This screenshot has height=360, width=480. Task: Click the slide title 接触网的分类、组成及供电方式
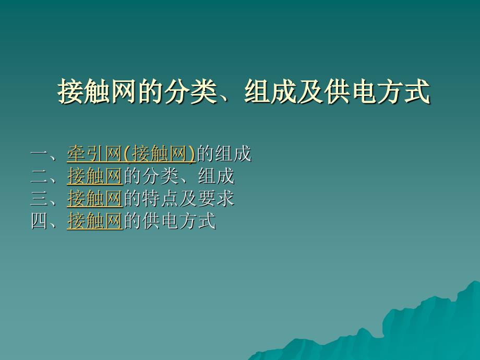244,91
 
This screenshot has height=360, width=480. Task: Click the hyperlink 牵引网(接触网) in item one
131,153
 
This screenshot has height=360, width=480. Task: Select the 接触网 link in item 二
95,176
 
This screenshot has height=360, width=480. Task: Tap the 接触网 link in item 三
95,198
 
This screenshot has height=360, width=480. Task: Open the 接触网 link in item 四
95,221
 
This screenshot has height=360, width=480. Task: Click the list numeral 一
40,154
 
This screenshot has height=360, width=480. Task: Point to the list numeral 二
40,176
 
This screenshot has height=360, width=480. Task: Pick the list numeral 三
40,199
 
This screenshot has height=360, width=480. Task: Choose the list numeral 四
40,221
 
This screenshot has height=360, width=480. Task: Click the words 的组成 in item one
224,153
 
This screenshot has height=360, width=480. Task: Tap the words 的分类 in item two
151,176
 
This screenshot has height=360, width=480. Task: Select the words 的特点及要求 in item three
179,198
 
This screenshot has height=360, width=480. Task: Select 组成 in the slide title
271,91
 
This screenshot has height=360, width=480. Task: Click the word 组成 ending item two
216,176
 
